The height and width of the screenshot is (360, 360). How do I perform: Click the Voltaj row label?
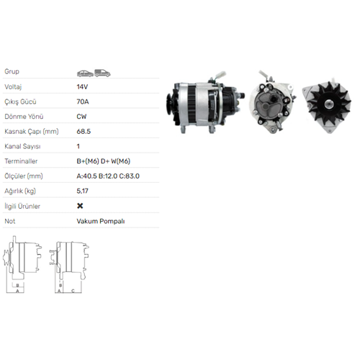click(13, 87)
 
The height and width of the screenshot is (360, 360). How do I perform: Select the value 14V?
click(82, 87)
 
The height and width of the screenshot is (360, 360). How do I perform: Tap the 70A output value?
click(83, 102)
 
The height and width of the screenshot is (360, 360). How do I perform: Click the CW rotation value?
click(81, 117)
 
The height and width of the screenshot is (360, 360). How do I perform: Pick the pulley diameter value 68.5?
click(84, 132)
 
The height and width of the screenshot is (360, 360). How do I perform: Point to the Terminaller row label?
click(21, 161)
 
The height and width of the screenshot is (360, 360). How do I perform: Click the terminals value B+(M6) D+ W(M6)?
click(104, 161)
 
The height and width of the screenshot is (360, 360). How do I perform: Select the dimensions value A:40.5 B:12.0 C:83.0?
click(108, 176)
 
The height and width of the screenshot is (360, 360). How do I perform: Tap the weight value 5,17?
click(83, 191)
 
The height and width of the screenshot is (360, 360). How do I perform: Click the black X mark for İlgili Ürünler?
click(80, 206)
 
